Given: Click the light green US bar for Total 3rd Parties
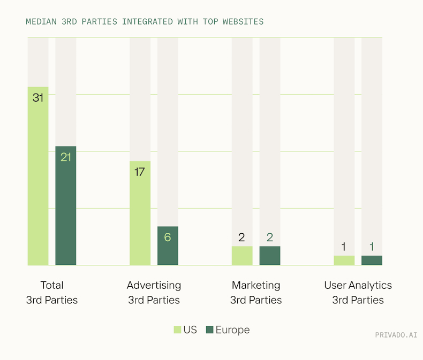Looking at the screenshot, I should coord(38,182).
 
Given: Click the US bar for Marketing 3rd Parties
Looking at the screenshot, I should coord(242,256).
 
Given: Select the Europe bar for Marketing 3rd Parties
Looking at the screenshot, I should coord(270,256).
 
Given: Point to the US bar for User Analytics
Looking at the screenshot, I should coord(344,261).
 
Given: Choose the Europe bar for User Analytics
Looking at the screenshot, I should coord(372,261).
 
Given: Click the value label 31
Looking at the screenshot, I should coord(38,98).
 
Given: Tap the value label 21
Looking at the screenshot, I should coord(66,157).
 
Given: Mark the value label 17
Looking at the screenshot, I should coord(140,172).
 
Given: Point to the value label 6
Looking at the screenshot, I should coord(168,237).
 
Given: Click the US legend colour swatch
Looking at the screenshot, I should coord(177,330).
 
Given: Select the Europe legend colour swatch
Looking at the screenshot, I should coord(210,330).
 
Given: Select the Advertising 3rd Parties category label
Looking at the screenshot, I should coord(154,293).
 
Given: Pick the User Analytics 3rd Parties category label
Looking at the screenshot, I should coord(358,293).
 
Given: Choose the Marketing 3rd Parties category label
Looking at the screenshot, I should coord(256,293).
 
